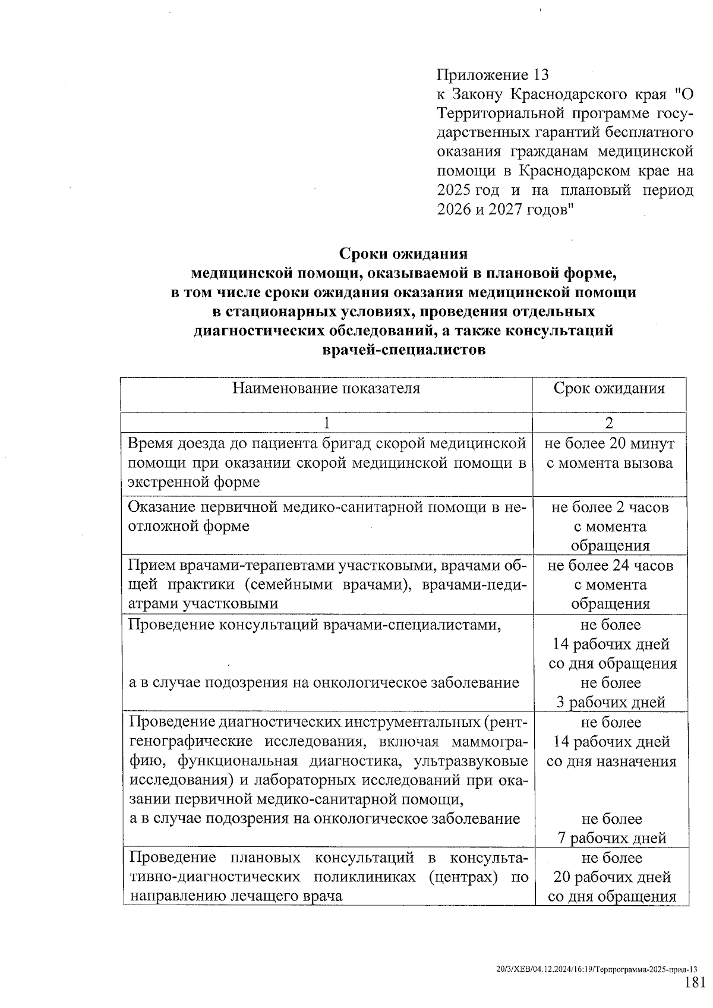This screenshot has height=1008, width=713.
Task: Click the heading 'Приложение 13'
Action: coord(493,75)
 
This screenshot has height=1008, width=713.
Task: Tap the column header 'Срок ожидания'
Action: coord(609,389)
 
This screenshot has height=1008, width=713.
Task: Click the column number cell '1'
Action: coord(326,423)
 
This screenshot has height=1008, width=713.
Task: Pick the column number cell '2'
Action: coord(609,423)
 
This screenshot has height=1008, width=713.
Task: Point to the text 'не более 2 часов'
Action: coord(610,508)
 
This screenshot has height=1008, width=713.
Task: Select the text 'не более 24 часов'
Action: coord(610,565)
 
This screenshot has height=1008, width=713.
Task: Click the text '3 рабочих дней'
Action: coord(611,703)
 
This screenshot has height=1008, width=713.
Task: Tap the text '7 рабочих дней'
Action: coord(611,838)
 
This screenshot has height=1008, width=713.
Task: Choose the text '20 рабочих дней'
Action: coord(612,877)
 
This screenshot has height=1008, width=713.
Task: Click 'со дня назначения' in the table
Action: coord(611,761)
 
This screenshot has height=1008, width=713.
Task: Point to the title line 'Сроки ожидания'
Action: coord(403,254)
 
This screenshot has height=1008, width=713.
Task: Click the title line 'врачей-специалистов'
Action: coord(403,350)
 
